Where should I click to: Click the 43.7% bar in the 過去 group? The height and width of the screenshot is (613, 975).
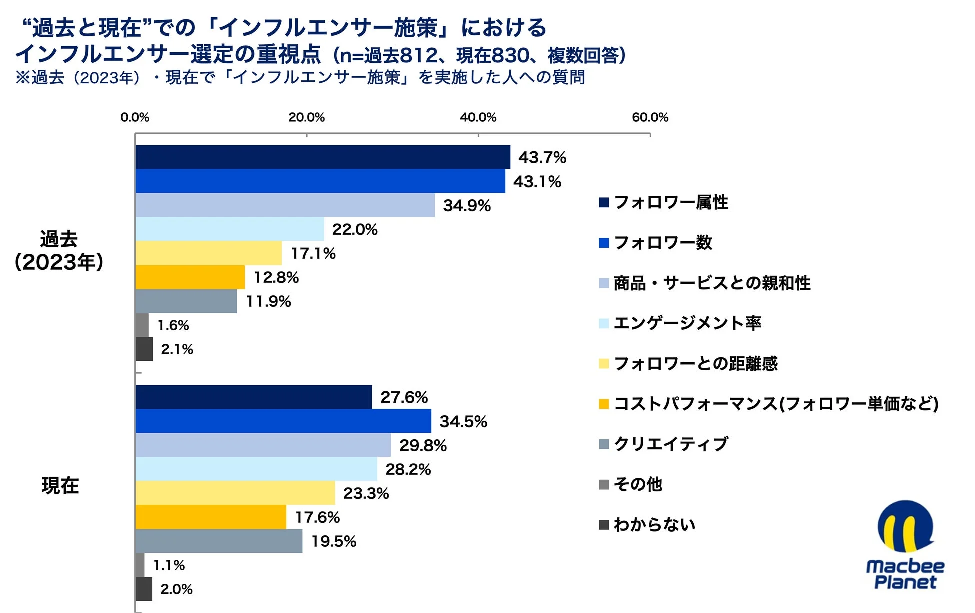coord(322,157)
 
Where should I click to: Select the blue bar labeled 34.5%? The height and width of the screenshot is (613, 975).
coord(283,421)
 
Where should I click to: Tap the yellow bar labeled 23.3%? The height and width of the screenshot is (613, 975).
coord(235,493)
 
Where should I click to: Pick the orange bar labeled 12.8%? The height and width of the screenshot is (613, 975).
coord(190,277)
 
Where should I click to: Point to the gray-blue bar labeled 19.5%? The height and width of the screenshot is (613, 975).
coord(219,541)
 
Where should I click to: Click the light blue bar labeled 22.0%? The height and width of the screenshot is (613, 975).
coord(229,229)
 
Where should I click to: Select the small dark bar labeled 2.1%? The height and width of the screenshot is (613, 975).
coord(144,349)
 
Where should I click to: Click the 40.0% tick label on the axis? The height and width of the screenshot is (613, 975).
coord(478,117)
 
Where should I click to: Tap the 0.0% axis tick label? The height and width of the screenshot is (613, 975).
coord(135,117)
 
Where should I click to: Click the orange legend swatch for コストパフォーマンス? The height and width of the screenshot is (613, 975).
coord(604,404)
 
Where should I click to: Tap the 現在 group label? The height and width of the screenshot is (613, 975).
coord(60,485)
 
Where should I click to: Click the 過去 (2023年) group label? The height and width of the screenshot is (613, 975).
coord(59,250)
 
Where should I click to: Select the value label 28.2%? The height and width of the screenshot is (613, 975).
coord(408,469)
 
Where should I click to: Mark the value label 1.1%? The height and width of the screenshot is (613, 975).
coord(169,565)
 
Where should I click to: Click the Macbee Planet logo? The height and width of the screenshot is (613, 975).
coord(905,545)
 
